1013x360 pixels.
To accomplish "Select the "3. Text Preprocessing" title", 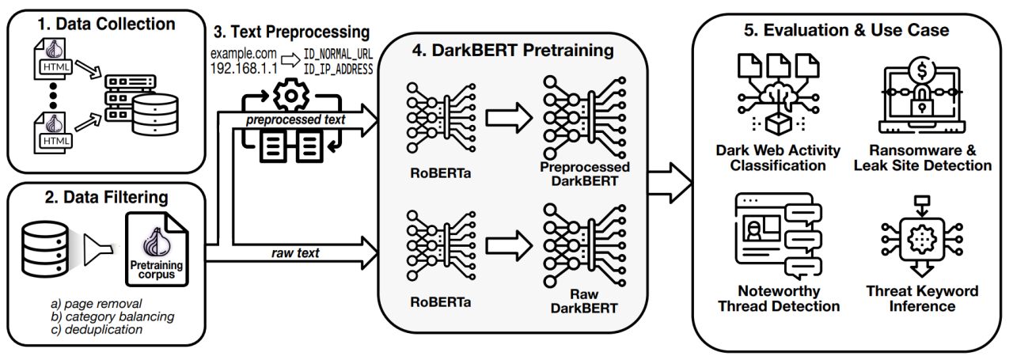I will tap(291, 33).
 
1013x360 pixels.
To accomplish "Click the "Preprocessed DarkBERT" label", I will tap(584, 173).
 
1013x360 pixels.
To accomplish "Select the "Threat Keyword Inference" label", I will tap(923, 298).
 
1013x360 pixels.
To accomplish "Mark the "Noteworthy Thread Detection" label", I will tap(778, 298).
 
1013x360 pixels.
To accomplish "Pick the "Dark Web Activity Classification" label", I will tap(778, 158).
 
